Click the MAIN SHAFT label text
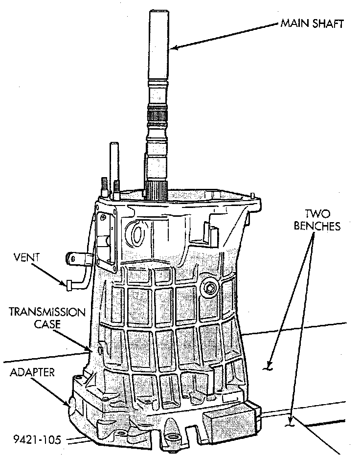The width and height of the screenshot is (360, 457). tap(311, 23)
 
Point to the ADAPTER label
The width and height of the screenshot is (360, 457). tap(32, 373)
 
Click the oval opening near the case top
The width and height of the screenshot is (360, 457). tap(137, 234)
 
